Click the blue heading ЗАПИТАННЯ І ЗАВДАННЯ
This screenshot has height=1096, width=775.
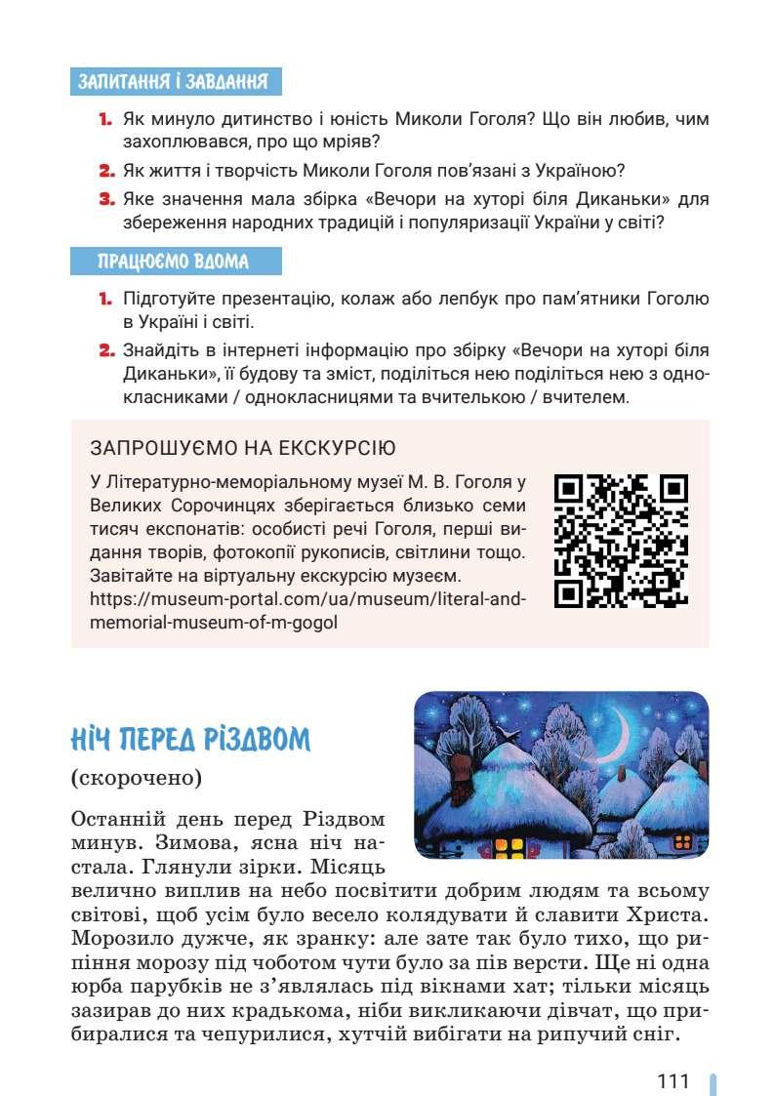(177, 81)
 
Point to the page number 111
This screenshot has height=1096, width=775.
(673, 1080)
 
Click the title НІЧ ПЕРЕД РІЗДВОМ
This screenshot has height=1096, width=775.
(190, 742)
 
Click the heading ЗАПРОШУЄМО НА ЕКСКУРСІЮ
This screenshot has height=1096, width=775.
(243, 449)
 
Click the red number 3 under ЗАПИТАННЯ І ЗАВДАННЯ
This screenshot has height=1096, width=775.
(106, 199)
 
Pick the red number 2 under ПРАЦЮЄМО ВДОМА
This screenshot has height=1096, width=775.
(106, 349)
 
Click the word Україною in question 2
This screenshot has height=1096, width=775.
(582, 172)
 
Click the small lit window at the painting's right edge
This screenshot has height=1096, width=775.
(682, 840)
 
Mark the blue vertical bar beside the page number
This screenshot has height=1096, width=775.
(713, 1082)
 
